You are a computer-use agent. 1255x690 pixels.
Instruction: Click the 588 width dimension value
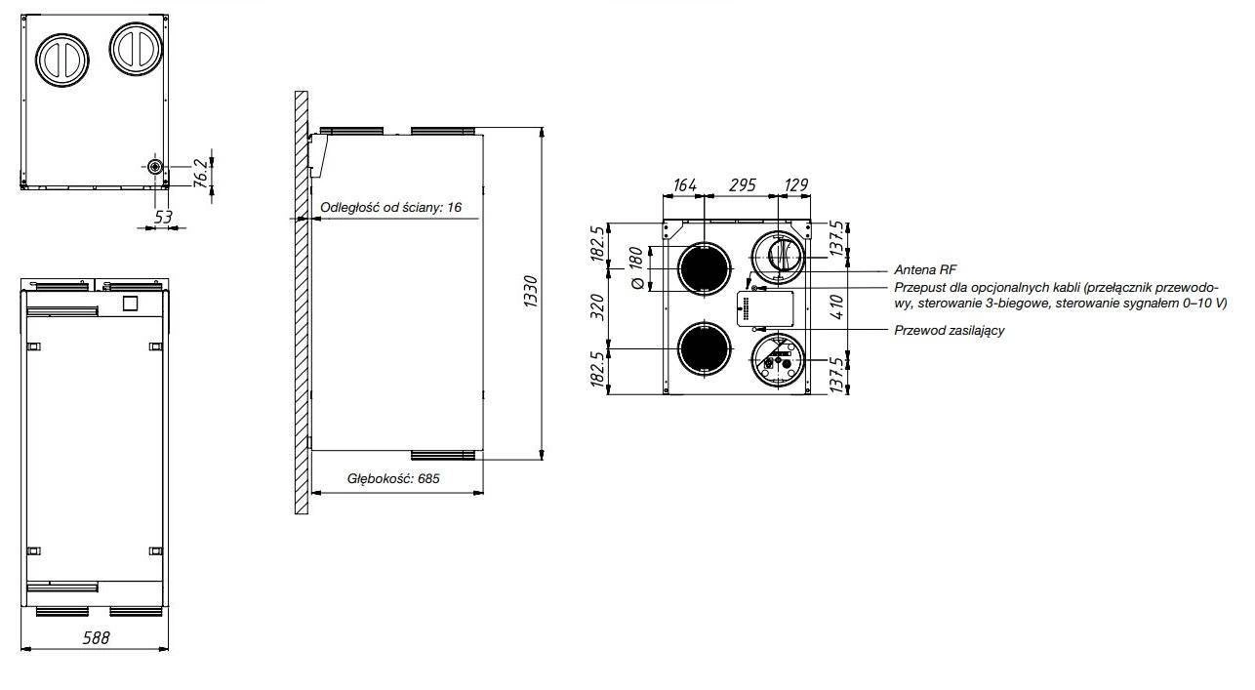click(97, 637)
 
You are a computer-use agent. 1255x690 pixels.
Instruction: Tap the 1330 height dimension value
click(530, 292)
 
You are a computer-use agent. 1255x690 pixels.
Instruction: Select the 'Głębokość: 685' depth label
click(393, 478)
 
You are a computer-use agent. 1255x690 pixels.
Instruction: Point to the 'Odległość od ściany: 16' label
click(390, 208)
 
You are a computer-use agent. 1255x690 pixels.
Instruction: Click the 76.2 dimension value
click(201, 173)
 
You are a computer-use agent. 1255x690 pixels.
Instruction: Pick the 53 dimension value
click(162, 217)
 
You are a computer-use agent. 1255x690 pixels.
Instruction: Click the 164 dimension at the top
click(684, 185)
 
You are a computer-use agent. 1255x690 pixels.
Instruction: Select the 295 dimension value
click(743, 185)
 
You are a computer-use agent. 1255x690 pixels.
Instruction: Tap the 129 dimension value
click(795, 185)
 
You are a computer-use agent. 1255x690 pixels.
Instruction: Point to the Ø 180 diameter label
click(636, 268)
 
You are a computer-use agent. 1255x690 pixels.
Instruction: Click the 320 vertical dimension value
click(598, 307)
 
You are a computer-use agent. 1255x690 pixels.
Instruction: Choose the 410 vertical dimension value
click(836, 307)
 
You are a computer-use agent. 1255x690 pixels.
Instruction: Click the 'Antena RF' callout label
click(925, 269)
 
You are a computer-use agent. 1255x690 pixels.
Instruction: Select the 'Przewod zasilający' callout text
click(950, 330)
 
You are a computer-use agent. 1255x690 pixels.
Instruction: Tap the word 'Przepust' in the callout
click(917, 288)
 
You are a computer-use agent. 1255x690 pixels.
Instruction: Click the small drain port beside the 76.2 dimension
click(154, 166)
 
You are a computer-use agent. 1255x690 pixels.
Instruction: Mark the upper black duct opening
click(705, 269)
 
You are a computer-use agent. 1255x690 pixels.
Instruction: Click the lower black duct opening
click(705, 348)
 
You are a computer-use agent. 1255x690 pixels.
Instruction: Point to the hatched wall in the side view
click(302, 303)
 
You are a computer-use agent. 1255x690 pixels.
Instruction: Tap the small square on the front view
click(130, 304)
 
